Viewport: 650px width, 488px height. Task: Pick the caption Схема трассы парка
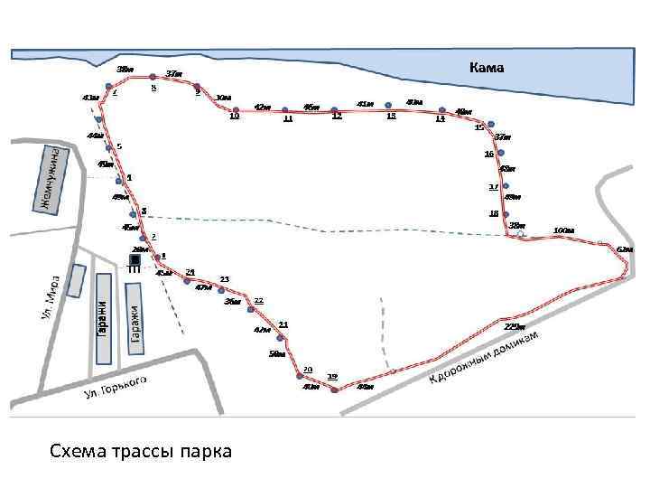tap(140, 450)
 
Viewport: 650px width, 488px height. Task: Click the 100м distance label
tap(563, 230)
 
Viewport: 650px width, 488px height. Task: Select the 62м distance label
tap(625, 249)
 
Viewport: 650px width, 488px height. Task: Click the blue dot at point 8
tap(153, 76)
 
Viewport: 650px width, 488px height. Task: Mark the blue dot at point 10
tap(236, 110)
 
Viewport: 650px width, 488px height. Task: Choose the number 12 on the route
tap(337, 117)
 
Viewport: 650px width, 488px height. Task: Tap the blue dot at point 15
tap(490, 124)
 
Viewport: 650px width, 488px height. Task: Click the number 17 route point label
tap(493, 186)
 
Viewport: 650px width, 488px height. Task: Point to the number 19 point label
tap(332, 376)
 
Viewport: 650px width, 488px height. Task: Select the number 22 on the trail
tap(258, 299)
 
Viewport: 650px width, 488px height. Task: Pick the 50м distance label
tap(276, 355)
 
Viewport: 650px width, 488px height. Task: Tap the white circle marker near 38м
tap(521, 234)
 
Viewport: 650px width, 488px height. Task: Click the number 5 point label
tap(119, 146)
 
